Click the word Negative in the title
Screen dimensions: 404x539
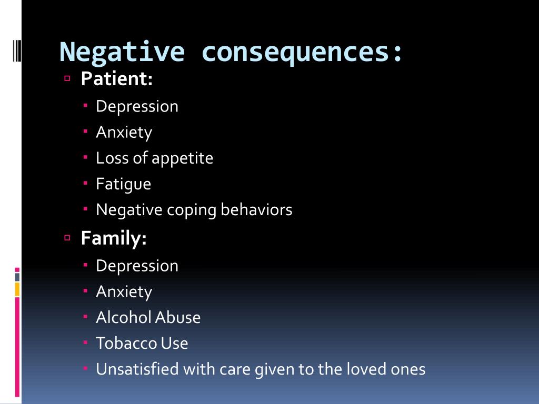pyautogui.click(x=123, y=52)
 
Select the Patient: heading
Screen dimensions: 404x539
pyautogui.click(x=117, y=79)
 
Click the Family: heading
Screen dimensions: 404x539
pyautogui.click(x=114, y=238)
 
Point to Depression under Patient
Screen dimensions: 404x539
pyautogui.click(x=137, y=106)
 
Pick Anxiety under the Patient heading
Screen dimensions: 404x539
pyautogui.click(x=124, y=132)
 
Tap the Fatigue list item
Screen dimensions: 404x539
pyautogui.click(x=123, y=184)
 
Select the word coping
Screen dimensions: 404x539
pyautogui.click(x=192, y=210)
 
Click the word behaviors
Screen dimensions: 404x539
pyautogui.click(x=256, y=210)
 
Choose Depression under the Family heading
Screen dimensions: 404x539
pyautogui.click(x=137, y=266)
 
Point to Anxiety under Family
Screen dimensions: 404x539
pyautogui.click(x=124, y=291)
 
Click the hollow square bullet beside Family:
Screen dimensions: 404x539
pyautogui.click(x=67, y=238)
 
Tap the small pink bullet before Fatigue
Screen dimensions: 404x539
pyautogui.click(x=86, y=184)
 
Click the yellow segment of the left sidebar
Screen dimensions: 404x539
pyautogui.click(x=17, y=289)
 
